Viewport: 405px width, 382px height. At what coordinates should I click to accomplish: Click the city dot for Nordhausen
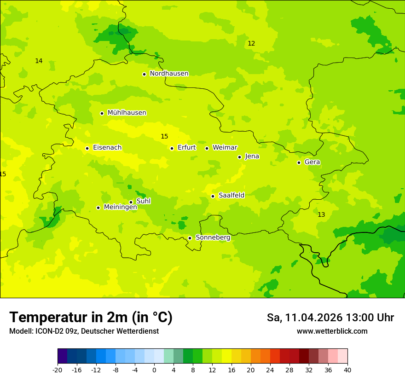[x=144, y=74]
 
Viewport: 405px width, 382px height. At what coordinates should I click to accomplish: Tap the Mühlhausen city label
[x=127, y=113]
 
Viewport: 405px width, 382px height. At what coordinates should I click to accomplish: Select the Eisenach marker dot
[x=87, y=148]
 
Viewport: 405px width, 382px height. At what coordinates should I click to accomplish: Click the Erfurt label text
[x=186, y=148]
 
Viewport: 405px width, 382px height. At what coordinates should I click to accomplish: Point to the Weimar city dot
[x=207, y=148]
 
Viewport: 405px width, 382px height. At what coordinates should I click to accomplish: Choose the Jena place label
[x=252, y=156]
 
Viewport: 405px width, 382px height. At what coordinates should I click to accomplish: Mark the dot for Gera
[x=299, y=162]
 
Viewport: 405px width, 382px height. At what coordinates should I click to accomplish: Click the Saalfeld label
[x=231, y=196]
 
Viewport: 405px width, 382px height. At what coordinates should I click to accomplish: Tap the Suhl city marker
[x=131, y=202]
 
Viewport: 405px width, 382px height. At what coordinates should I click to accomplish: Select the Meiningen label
[x=120, y=207]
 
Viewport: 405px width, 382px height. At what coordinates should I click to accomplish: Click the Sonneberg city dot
[x=190, y=238]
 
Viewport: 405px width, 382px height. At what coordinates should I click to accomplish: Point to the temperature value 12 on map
[x=251, y=44]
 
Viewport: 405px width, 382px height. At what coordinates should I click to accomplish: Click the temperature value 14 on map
[x=39, y=61]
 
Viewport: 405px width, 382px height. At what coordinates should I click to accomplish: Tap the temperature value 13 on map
[x=321, y=215]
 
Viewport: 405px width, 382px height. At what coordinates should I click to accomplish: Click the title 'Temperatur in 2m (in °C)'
[x=91, y=318]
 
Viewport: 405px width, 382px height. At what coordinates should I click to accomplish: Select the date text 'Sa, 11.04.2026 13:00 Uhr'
[x=330, y=318]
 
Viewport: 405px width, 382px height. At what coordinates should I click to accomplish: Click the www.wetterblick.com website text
[x=332, y=331]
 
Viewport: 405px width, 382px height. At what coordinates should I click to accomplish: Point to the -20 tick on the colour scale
[x=58, y=370]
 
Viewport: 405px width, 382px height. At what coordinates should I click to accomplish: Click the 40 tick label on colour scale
[x=347, y=370]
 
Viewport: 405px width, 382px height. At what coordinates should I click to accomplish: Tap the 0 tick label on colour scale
[x=154, y=370]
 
